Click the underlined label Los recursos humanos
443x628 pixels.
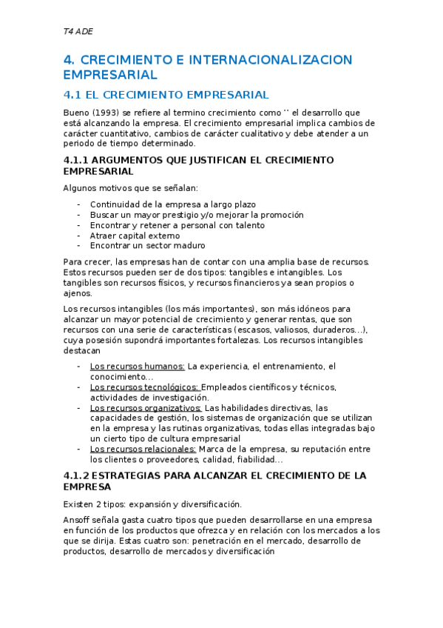pyautogui.click(x=137, y=366)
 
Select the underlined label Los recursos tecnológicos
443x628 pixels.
pyautogui.click(x=144, y=387)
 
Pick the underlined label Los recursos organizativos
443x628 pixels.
pyautogui.click(x=145, y=407)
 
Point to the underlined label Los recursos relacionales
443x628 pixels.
pyautogui.click(x=143, y=449)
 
